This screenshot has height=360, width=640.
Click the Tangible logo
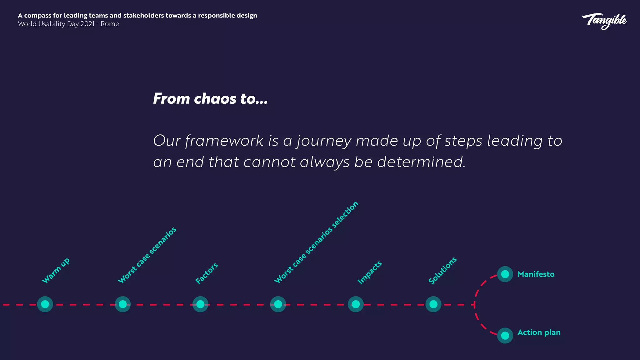coord(604,21)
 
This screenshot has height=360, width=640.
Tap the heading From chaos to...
coord(210,99)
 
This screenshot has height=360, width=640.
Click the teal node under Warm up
coord(45,304)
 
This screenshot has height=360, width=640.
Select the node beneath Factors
coord(200,304)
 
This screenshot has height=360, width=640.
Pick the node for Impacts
coord(356,304)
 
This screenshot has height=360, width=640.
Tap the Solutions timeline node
coord(433,304)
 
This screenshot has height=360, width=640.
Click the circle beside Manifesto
coord(505,274)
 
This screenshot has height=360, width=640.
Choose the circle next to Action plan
coord(505,336)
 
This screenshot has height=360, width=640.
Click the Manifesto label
coord(536,274)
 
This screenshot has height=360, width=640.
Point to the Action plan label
coord(539,332)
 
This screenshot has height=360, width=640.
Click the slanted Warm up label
coord(56,271)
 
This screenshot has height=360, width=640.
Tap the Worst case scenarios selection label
coord(316,242)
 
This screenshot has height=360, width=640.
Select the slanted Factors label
coord(206,273)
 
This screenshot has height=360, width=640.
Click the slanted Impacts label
coord(369,272)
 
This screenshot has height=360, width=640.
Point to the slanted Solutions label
coord(442,271)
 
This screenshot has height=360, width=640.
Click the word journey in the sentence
coord(324,141)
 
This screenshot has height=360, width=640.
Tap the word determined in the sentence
coord(421,162)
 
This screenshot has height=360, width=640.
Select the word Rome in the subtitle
coord(110,24)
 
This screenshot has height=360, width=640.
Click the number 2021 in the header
coord(87,24)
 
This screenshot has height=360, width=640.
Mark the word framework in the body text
coord(224,141)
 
